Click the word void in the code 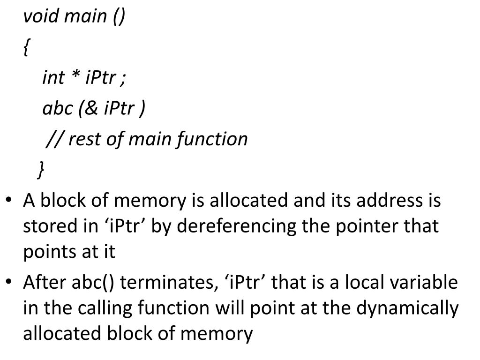tap(41, 16)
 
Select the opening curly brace tap(27, 47)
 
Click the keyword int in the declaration tap(53, 77)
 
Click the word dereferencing tap(237, 227)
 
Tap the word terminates tap(169, 283)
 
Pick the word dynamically tap(408, 308)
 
